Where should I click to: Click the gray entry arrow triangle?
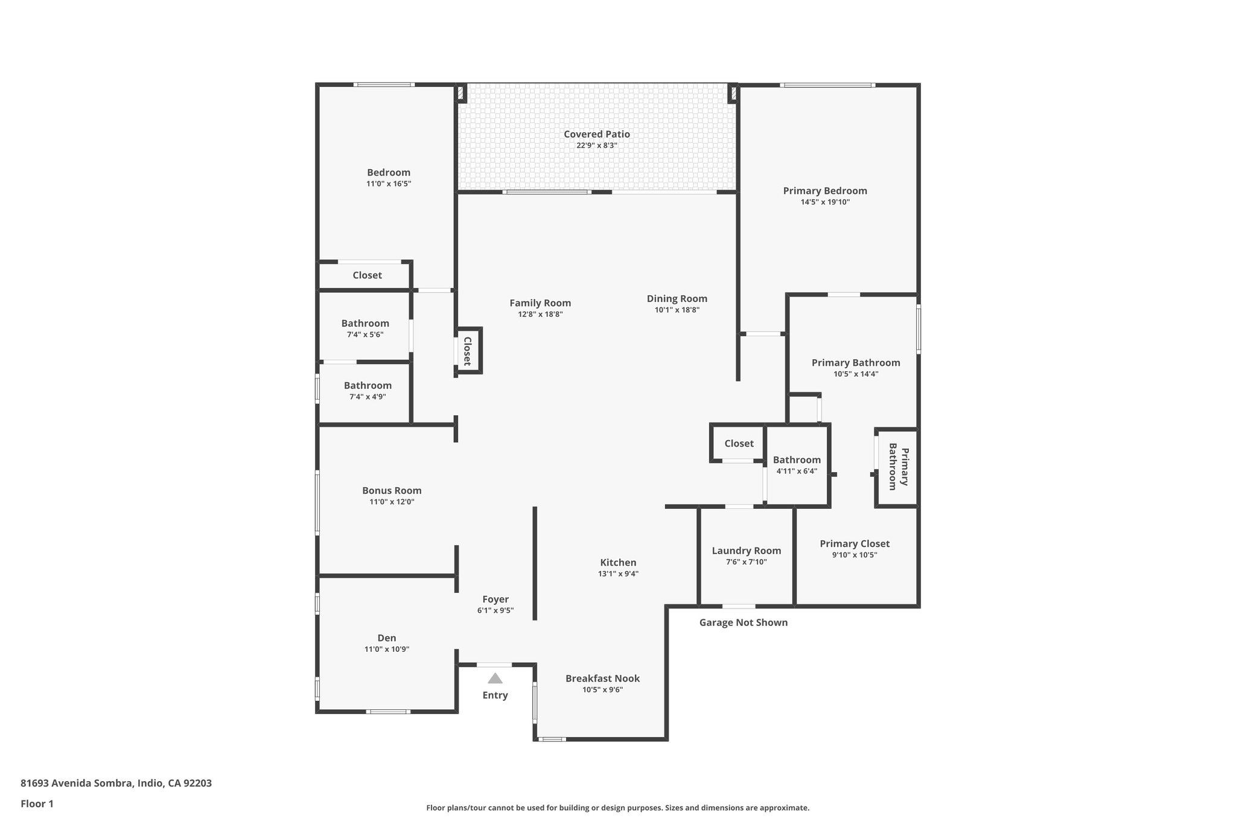click(495, 678)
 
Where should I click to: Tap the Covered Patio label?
click(596, 134)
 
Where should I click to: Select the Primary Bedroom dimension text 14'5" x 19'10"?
click(825, 202)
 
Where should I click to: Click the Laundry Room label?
click(746, 551)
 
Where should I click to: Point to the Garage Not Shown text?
click(743, 622)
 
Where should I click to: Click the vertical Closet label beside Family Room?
click(467, 351)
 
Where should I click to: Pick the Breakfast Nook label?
click(602, 679)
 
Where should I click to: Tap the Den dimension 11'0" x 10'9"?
click(387, 650)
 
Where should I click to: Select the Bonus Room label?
click(392, 491)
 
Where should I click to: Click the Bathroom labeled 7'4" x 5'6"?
click(365, 324)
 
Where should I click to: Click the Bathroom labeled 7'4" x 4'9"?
click(368, 386)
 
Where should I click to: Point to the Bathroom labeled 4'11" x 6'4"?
click(797, 460)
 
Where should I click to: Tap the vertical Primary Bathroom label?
click(898, 467)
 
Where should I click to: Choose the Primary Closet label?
click(854, 544)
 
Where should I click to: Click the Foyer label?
click(495, 599)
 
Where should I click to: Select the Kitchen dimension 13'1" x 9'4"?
click(618, 574)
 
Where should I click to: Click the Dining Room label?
click(677, 299)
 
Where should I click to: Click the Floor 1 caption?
click(37, 804)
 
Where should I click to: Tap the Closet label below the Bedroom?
click(367, 275)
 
